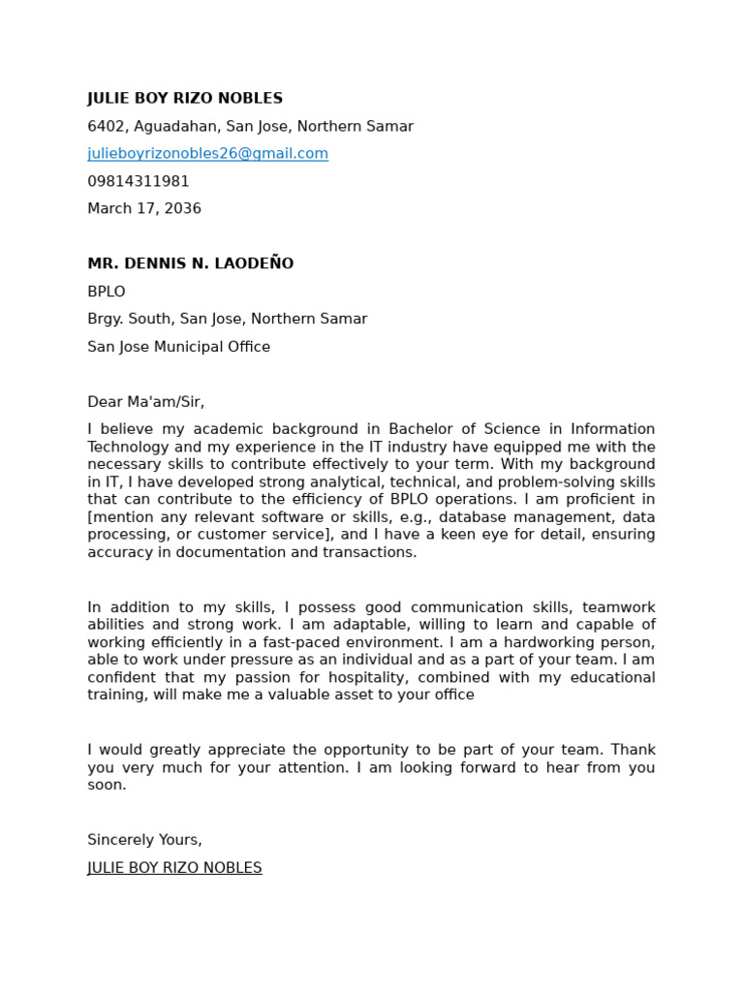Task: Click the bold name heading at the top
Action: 185,99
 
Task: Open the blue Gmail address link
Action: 207,153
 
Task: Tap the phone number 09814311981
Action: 139,181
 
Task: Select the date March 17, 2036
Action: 144,208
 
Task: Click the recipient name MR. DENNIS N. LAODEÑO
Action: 190,263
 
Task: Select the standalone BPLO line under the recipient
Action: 107,292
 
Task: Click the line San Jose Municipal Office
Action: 178,347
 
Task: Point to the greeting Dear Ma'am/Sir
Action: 145,402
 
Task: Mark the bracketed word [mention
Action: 120,517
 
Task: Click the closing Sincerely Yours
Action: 144,840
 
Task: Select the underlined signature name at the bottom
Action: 174,868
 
